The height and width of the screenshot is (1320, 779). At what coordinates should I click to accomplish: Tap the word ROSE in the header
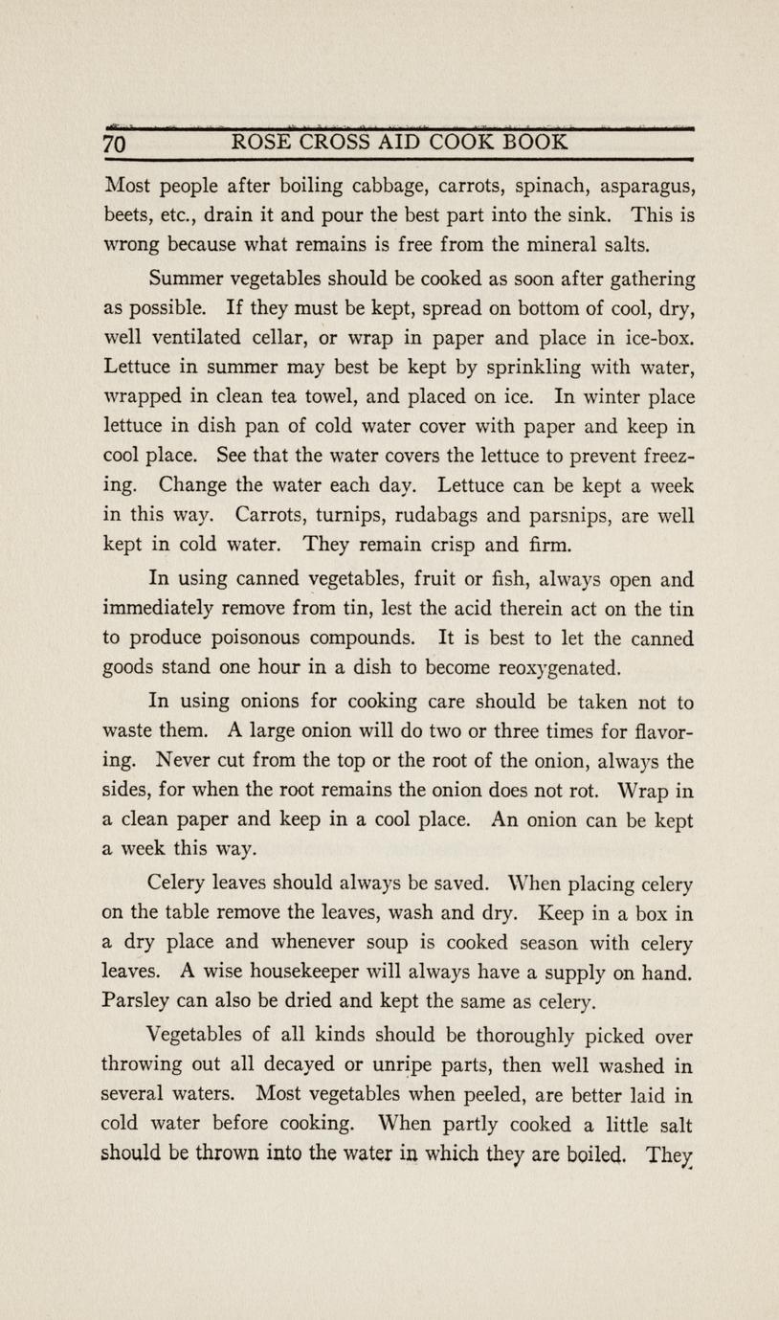click(x=257, y=143)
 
